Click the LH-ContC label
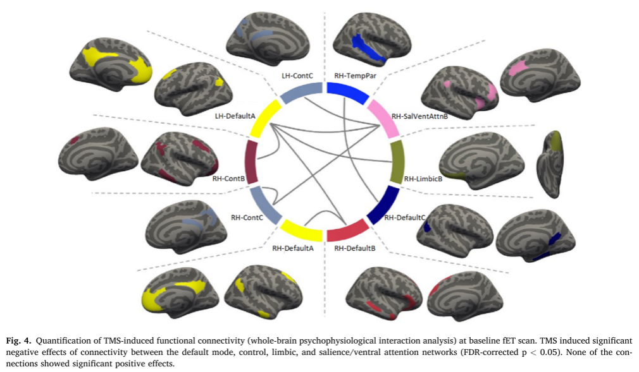(x=297, y=76)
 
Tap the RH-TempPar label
(x=355, y=76)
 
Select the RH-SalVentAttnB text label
(x=419, y=116)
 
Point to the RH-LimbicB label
(x=423, y=179)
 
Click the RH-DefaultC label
(x=405, y=218)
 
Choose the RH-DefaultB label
(x=354, y=248)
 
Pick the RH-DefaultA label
(x=293, y=248)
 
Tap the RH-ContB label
(x=228, y=179)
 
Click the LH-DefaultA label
(x=235, y=116)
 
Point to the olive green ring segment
(x=397, y=162)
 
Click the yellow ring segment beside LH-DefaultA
(x=265, y=119)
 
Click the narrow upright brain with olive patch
(x=550, y=164)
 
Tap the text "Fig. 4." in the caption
(x=18, y=340)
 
